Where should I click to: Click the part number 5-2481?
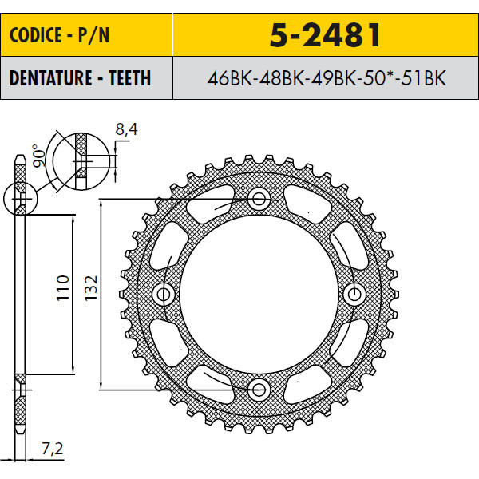[x=325, y=35]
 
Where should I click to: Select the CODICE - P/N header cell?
[x=87, y=34]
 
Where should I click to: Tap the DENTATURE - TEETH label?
[x=80, y=78]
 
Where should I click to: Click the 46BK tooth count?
[x=230, y=78]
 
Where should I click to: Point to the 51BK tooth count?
[x=424, y=78]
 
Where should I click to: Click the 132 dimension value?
[x=91, y=287]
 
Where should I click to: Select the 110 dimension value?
[x=63, y=287]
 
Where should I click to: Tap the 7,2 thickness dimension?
[x=53, y=449]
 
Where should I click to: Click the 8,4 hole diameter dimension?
[x=126, y=129]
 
